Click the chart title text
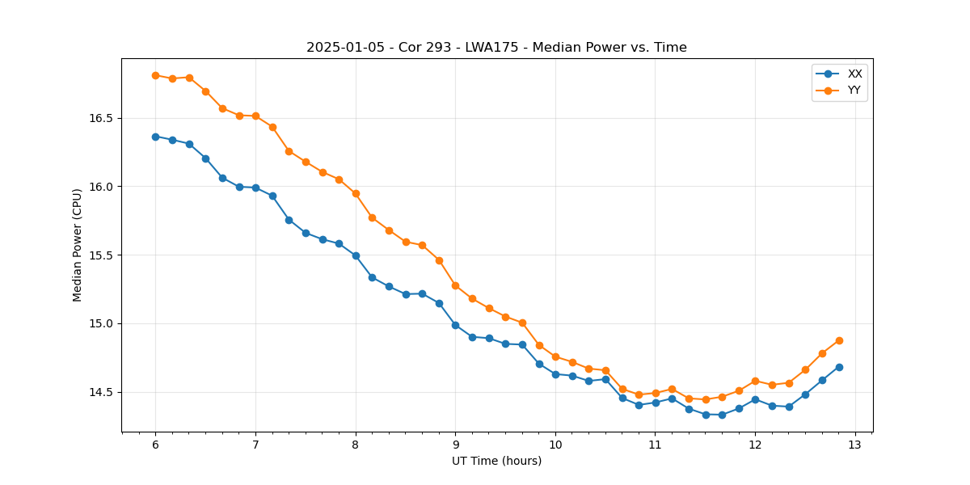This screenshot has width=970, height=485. tap(496, 48)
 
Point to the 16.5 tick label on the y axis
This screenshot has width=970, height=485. tap(99, 118)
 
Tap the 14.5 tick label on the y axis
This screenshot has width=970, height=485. tap(99, 392)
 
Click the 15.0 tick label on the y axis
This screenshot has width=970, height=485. tap(99, 323)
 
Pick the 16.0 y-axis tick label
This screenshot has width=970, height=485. tap(99, 187)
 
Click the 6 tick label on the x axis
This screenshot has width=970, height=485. tap(155, 445)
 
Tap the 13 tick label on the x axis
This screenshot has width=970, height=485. tap(855, 445)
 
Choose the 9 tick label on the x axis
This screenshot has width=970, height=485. tap(455, 445)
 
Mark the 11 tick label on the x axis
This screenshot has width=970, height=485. tap(656, 445)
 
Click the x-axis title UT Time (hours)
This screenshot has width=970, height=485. tap(496, 461)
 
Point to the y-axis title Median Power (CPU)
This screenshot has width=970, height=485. tap(78, 245)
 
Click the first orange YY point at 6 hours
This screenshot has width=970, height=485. tap(155, 75)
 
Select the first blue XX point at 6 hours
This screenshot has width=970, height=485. tap(155, 137)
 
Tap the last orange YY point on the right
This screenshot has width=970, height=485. tap(839, 340)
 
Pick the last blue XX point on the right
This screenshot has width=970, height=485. tap(839, 367)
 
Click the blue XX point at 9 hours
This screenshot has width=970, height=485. tap(455, 325)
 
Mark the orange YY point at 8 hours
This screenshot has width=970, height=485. tap(356, 193)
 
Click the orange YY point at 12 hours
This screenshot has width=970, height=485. tap(755, 381)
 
